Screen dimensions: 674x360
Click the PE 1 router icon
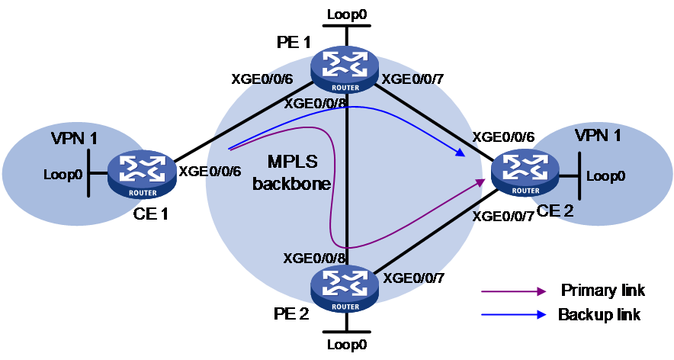345,70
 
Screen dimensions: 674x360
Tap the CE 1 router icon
142,174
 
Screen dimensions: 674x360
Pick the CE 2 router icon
525,173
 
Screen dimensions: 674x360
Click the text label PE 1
293,42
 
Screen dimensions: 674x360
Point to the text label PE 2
291,313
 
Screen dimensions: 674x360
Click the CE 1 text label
150,214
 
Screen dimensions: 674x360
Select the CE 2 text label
555,211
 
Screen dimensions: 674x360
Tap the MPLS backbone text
292,172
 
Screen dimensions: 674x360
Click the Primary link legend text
602,291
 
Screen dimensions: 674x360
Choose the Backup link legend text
599,314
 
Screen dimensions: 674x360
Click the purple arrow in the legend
514,291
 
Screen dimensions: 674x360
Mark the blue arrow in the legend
514,315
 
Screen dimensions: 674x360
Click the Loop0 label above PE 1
347,14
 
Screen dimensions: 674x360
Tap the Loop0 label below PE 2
347,345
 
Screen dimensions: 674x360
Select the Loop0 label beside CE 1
63,175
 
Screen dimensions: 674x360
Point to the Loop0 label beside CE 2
605,176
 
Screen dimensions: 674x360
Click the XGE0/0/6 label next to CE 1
210,171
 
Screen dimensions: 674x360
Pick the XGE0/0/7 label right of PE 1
413,79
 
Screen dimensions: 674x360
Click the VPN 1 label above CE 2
598,136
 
